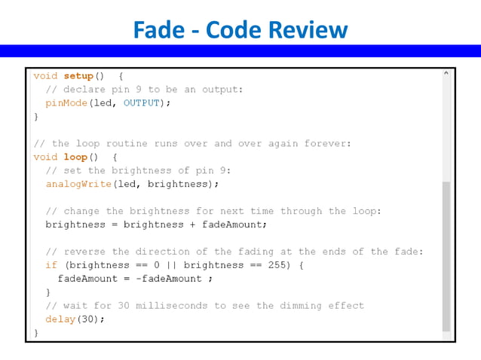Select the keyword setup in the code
[x=78, y=76]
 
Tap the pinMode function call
[x=66, y=103]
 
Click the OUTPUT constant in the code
[x=142, y=103]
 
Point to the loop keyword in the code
[x=75, y=157]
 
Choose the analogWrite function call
[x=78, y=184]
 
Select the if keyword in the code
[x=51, y=265]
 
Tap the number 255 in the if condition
[x=277, y=265]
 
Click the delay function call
[x=60, y=319]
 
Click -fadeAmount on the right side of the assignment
[x=169, y=279]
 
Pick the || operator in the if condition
[x=171, y=265]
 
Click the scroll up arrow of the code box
[x=446, y=74]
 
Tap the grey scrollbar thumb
[x=446, y=256]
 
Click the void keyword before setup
[x=45, y=76]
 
